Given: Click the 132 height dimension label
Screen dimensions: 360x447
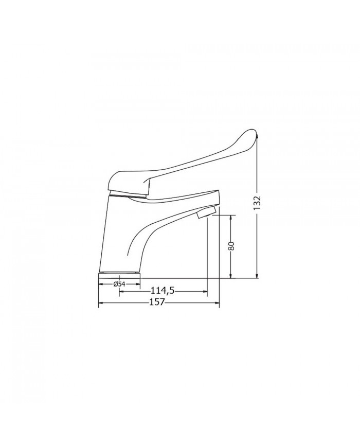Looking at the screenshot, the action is pyautogui.click(x=257, y=203).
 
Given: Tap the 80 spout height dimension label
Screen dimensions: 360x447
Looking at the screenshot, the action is pyautogui.click(x=231, y=246).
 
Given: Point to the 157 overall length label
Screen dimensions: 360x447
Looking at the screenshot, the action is pyautogui.click(x=157, y=302).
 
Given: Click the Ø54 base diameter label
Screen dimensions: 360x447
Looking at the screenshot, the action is pyautogui.click(x=119, y=284).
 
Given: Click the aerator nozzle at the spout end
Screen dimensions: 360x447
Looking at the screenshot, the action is pyautogui.click(x=207, y=212).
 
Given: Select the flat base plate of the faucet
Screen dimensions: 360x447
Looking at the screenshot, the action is pyautogui.click(x=119, y=275).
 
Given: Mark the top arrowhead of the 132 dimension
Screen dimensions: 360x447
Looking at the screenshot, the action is pyautogui.click(x=257, y=137).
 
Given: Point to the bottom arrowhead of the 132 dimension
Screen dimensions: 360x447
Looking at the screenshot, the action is pyautogui.click(x=257, y=275).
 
